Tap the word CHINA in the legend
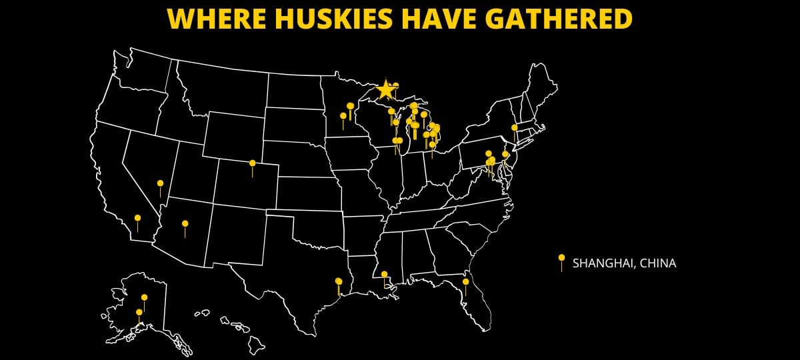tap(657, 263)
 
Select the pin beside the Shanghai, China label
tap(561, 259)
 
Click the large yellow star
tap(385, 89)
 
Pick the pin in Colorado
tap(252, 164)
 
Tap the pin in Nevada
tap(160, 184)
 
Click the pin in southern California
tap(137, 219)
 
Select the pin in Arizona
tap(185, 225)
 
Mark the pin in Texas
tap(339, 282)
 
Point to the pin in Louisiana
tap(384, 275)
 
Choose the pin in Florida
tap(465, 283)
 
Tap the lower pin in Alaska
tap(139, 313)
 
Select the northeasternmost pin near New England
tap(514, 128)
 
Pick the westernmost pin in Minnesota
tap(343, 117)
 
